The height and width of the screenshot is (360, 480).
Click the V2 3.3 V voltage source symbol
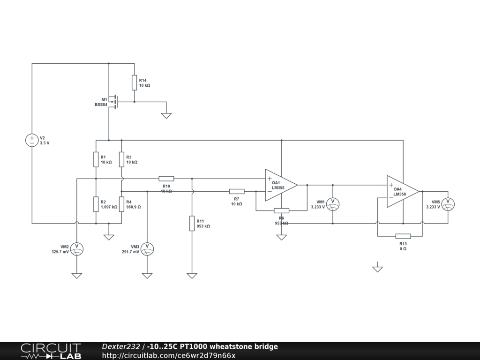[32, 140]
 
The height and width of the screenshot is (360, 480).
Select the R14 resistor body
[134, 82]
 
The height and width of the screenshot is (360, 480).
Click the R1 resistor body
[96, 159]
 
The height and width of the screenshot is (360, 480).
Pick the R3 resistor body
[121, 159]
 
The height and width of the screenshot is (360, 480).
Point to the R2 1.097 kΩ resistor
[96, 204]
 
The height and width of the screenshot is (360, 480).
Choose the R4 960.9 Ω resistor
[121, 204]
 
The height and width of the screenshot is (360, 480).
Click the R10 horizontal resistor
[166, 179]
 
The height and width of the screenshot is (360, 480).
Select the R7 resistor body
[237, 191]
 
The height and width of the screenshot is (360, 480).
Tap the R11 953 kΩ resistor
[192, 223]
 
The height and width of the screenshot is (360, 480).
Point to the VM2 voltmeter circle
[76, 249]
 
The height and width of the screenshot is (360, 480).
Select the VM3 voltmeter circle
[147, 249]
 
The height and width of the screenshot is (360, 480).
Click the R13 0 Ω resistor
[403, 236]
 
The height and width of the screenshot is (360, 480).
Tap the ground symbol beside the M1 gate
[166, 115]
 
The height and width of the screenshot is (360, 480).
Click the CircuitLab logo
[51, 351]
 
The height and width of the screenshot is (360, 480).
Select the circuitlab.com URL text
[169, 355]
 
